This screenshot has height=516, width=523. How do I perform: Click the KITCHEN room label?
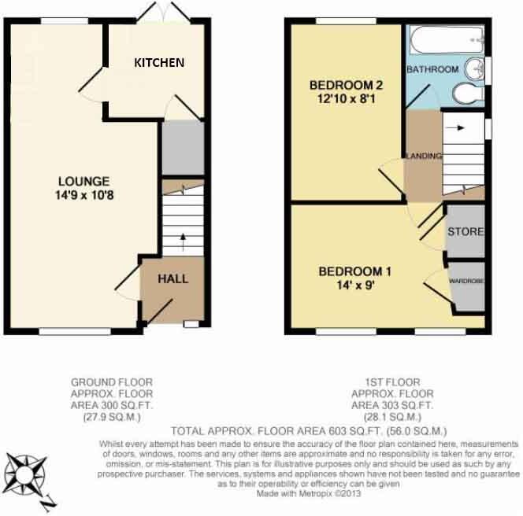158,62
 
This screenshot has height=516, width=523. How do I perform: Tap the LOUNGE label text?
77,181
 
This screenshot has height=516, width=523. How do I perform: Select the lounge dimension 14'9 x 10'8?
77,195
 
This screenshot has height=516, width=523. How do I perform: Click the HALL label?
173,278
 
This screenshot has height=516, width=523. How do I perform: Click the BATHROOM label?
432,70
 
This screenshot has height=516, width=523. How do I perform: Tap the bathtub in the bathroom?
446,36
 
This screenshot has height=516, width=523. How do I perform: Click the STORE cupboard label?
465,233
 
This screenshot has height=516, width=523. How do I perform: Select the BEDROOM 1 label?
355,272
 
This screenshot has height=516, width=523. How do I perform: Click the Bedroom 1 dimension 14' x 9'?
355,286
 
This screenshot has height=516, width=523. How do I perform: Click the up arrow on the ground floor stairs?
182,238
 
